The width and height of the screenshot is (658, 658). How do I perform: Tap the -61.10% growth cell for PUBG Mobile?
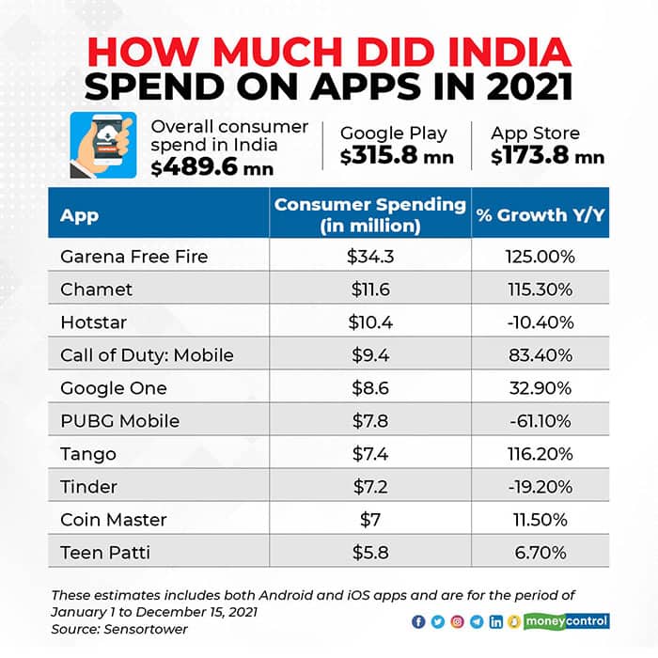(x=540, y=420)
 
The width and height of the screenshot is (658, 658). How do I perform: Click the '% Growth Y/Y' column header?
(x=540, y=214)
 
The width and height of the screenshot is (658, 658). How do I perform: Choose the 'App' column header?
(x=80, y=215)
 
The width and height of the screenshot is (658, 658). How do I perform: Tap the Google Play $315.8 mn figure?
(x=396, y=156)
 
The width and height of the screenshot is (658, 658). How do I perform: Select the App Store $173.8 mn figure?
(x=547, y=156)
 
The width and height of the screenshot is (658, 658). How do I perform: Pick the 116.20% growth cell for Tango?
(x=540, y=453)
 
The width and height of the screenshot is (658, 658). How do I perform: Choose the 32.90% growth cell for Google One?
(x=540, y=387)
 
